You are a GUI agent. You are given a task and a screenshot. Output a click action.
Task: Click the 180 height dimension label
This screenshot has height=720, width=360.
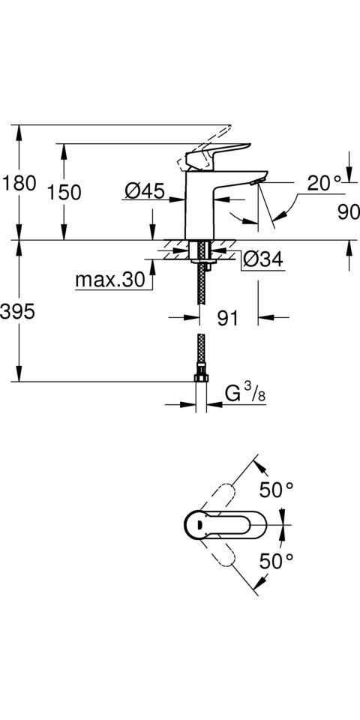click(x=19, y=183)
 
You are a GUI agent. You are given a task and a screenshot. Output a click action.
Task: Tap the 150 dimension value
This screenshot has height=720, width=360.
click(x=63, y=192)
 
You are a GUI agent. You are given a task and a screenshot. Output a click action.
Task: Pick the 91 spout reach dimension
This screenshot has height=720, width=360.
click(x=227, y=318)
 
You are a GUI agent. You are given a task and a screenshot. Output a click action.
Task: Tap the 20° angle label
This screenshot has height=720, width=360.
click(x=323, y=182)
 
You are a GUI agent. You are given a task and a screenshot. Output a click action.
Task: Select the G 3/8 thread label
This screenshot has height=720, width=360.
click(x=243, y=392)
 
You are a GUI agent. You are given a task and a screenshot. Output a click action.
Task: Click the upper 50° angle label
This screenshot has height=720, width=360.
click(x=276, y=490)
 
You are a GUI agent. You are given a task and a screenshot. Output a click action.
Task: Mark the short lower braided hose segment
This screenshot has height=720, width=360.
click(x=200, y=349)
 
